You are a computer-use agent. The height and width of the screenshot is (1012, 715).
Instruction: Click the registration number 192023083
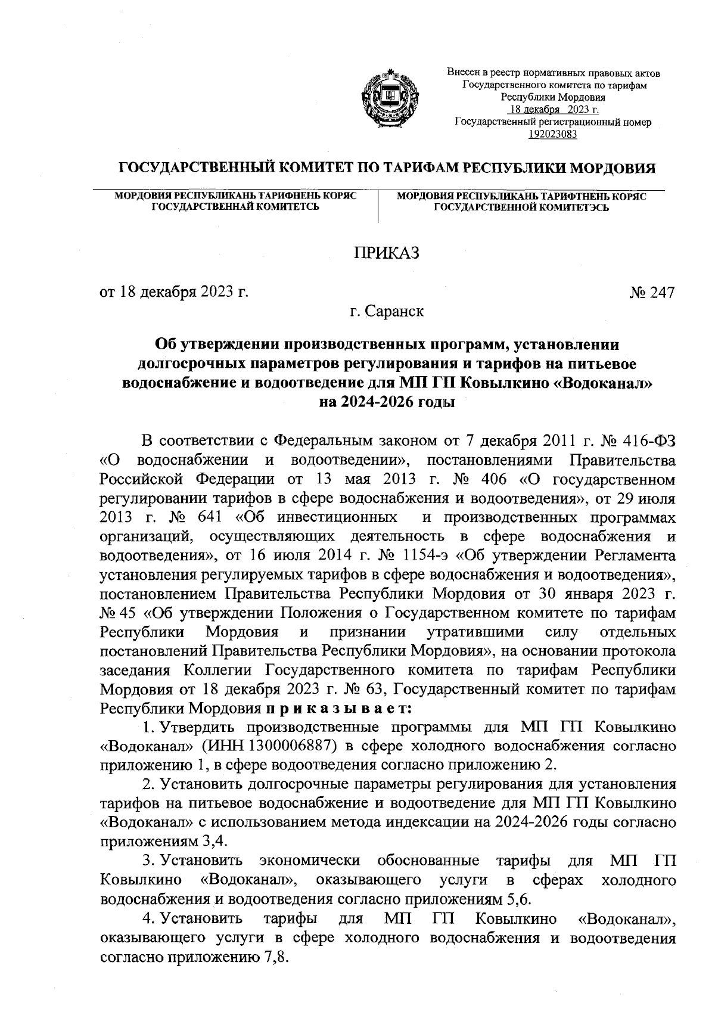click(553, 134)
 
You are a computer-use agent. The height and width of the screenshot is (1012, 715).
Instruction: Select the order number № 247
click(652, 293)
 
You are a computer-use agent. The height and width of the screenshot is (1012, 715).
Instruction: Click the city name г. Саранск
click(387, 311)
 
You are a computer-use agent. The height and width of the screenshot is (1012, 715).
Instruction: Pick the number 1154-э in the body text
click(425, 556)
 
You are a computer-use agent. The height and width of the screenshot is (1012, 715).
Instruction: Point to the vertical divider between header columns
click(379, 206)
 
